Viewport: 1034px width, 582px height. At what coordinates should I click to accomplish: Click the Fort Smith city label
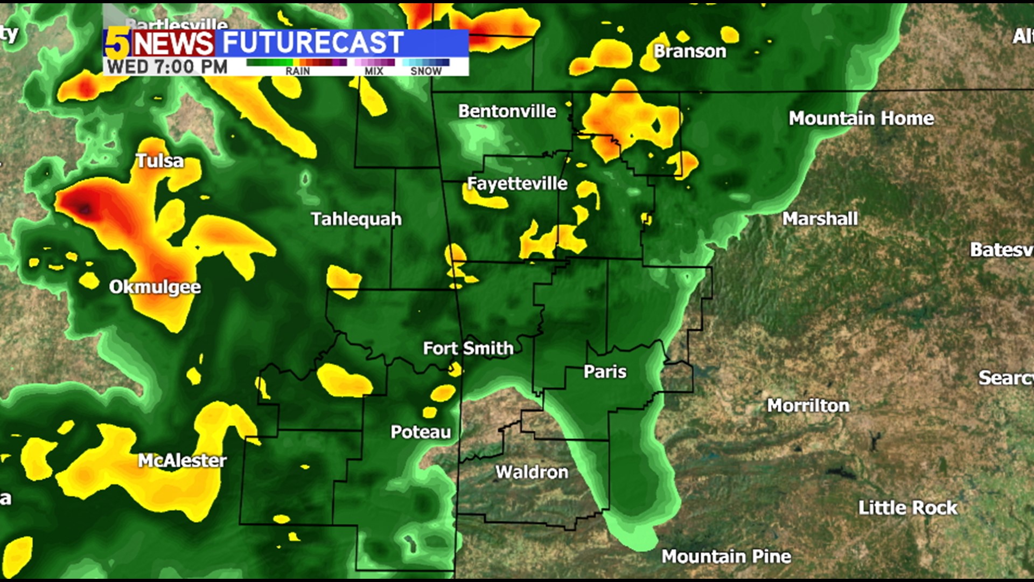(x=468, y=349)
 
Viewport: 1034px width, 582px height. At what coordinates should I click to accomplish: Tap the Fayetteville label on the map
(x=517, y=184)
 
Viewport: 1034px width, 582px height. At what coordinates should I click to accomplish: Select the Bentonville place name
(x=507, y=111)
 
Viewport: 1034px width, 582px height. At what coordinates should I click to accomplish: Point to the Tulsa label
(x=159, y=161)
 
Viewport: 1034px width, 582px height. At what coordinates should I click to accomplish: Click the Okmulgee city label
(x=155, y=287)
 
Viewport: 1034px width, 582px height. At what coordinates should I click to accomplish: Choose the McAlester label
(x=182, y=461)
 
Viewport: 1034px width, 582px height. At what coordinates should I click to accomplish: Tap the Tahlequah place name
(x=356, y=219)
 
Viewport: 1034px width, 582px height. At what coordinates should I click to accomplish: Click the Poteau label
(x=421, y=432)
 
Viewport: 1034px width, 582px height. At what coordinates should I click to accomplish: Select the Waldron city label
(x=532, y=473)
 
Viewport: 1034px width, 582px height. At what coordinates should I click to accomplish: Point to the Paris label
(x=605, y=372)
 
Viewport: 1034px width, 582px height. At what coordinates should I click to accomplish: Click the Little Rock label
(x=907, y=508)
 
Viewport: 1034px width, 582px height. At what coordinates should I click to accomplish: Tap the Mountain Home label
(x=861, y=119)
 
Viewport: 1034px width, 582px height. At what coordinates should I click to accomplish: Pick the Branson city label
(x=690, y=52)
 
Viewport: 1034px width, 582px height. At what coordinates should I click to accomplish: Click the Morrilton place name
(x=808, y=406)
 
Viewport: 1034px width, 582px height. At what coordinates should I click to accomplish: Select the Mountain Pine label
(x=726, y=556)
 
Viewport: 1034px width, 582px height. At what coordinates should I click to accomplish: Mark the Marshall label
(x=820, y=219)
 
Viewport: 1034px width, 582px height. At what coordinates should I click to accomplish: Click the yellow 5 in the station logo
(x=117, y=43)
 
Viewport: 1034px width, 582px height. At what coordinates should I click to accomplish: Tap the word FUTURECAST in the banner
(x=312, y=43)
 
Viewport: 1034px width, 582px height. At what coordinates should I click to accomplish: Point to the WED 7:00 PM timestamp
(x=167, y=67)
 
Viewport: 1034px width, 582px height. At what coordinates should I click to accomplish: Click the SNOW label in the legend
(x=425, y=71)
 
